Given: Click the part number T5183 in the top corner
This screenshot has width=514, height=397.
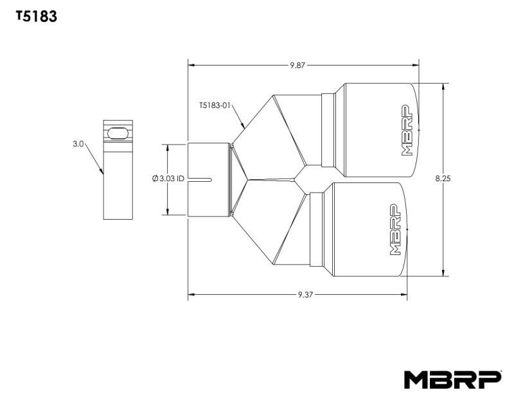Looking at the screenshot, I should point(37,17).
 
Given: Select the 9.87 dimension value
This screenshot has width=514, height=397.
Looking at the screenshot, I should point(297,65).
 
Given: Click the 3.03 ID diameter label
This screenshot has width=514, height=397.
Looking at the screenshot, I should point(169,179).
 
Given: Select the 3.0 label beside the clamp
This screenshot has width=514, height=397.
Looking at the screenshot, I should point(78,145).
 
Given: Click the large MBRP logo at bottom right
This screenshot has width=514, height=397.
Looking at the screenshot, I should point(452,380).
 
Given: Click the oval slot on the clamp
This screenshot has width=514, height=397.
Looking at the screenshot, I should point(118,132).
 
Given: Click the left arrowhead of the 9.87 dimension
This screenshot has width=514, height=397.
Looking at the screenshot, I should point(190,65).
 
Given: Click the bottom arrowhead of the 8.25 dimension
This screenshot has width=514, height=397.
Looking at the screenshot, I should point(443,274).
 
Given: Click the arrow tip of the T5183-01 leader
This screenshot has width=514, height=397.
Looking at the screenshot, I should point(245,127).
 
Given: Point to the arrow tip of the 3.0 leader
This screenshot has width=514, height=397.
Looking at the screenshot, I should point(103,173).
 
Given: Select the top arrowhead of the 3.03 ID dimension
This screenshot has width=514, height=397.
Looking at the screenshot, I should point(168,146).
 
